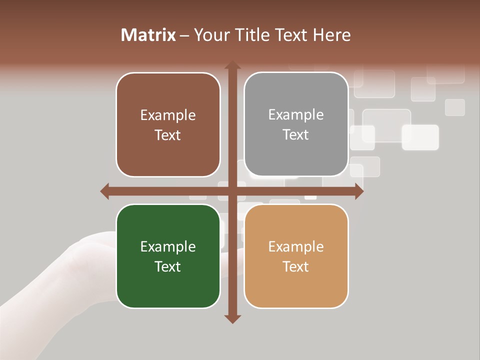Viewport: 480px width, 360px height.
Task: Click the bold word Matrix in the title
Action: tap(148, 35)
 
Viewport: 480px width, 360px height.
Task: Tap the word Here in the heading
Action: tap(332, 35)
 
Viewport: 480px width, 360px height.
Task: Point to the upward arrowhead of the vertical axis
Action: tap(232, 65)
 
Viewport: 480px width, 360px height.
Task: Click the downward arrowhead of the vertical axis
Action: tap(232, 318)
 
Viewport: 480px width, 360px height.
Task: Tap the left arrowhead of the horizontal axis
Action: tap(105, 191)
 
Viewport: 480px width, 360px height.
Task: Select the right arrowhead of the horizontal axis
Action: tap(359, 191)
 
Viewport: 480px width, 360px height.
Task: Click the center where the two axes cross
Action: tap(232, 191)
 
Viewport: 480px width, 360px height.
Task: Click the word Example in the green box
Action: tap(168, 246)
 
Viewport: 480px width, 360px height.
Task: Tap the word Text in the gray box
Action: tap(296, 134)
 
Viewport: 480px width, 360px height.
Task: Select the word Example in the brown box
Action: tap(168, 115)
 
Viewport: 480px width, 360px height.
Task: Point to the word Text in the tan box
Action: tap(296, 266)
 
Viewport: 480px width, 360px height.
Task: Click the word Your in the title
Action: tap(210, 35)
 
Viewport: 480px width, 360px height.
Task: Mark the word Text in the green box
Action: tap(168, 266)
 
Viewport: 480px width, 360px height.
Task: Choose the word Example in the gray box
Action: tap(296, 115)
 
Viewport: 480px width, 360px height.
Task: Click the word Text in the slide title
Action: tap(292, 35)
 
